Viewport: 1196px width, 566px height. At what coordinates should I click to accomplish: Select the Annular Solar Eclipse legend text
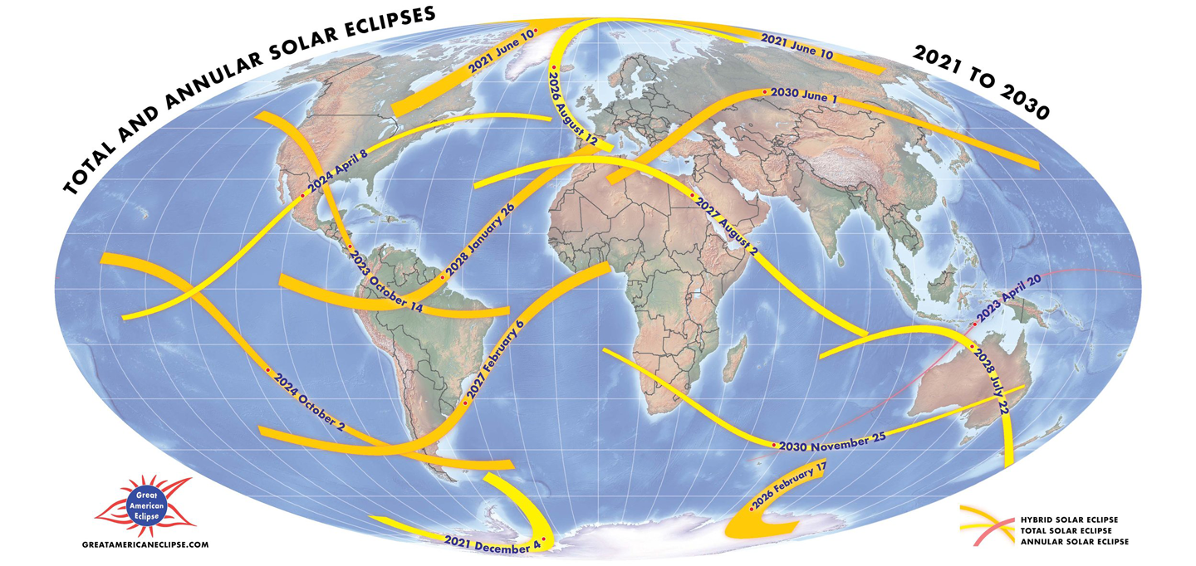point(1085,541)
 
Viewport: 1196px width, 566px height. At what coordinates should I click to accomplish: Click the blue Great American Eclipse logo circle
point(145,505)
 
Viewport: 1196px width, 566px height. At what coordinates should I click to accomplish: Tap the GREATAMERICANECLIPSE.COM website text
point(145,544)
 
